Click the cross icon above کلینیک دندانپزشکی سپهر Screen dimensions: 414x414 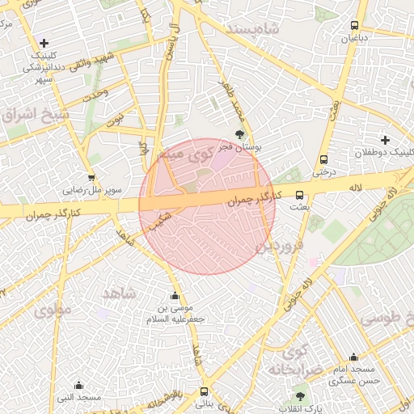(x=44, y=43)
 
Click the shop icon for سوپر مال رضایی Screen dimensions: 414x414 (x=91, y=178)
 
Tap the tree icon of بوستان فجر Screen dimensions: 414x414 (x=239, y=135)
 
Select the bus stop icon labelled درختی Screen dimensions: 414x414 (x=323, y=159)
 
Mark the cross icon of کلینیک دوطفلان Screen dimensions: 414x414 (x=385, y=140)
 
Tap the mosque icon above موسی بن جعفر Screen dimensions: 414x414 (x=175, y=296)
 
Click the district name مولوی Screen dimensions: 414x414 (x=53, y=308)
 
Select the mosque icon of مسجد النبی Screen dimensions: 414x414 (x=78, y=385)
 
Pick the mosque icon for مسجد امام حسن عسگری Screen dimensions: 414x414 (x=353, y=357)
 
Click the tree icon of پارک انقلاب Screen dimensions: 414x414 (x=301, y=396)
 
